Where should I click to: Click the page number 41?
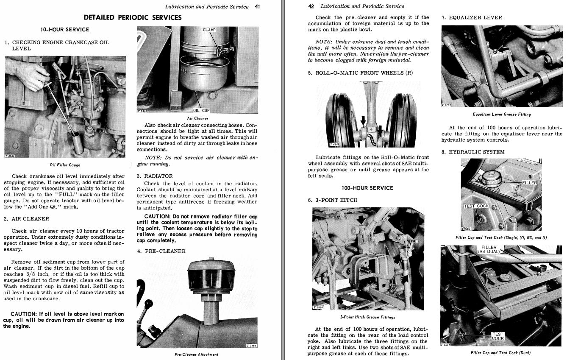pos(257,6)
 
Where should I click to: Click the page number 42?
pos(311,6)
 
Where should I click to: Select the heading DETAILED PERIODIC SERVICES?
pos(133,17)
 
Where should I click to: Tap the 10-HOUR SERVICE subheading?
pos(65,29)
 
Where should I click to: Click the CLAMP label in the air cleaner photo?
pos(209,30)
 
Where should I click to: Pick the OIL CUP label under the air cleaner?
pos(201,111)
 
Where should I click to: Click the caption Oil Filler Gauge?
pos(65,165)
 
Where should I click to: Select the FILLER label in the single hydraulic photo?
pos(529,183)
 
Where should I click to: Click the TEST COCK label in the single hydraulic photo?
pos(476,206)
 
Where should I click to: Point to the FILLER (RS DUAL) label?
pos(489,249)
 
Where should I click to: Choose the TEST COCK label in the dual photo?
pos(498,336)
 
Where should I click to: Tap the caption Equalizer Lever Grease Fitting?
pos(502,114)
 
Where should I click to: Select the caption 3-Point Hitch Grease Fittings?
pos(367,317)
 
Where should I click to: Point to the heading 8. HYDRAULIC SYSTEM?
pos(473,152)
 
